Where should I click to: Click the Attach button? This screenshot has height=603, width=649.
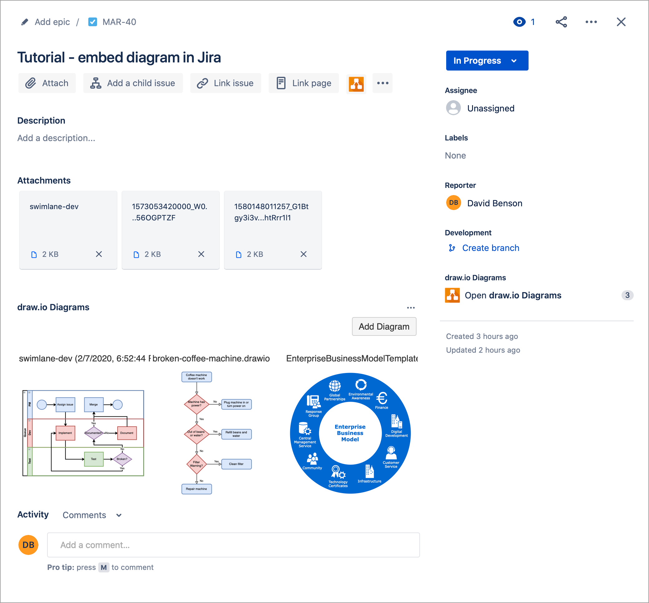pyautogui.click(x=47, y=83)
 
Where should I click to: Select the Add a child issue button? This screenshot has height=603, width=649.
pyautogui.click(x=133, y=83)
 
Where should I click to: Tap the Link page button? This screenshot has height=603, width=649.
pyautogui.click(x=304, y=83)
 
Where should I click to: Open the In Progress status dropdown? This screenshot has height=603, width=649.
pyautogui.click(x=487, y=61)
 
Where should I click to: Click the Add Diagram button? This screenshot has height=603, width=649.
pyautogui.click(x=384, y=326)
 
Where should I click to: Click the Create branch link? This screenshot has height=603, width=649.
pyautogui.click(x=490, y=248)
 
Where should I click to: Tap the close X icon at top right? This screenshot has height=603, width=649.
pyautogui.click(x=621, y=22)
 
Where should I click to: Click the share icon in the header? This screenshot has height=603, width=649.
pyautogui.click(x=561, y=22)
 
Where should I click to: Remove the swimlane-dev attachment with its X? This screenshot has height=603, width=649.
pyautogui.click(x=99, y=254)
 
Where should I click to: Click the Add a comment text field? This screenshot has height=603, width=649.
pyautogui.click(x=233, y=545)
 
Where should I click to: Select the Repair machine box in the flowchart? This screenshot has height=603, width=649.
pyautogui.click(x=196, y=489)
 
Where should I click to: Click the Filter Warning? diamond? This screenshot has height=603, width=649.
pyautogui.click(x=196, y=464)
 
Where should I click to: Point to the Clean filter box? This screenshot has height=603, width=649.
pyautogui.click(x=236, y=464)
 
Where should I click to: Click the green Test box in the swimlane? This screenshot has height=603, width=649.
pyautogui.click(x=94, y=459)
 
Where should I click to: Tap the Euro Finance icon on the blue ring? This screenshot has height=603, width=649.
pyautogui.click(x=382, y=399)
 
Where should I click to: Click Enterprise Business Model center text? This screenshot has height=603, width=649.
pyautogui.click(x=350, y=433)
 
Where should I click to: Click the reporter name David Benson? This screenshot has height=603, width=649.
pyautogui.click(x=495, y=203)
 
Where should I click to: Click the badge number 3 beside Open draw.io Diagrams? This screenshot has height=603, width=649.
pyautogui.click(x=627, y=295)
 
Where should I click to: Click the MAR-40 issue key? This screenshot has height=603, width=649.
pyautogui.click(x=119, y=22)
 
